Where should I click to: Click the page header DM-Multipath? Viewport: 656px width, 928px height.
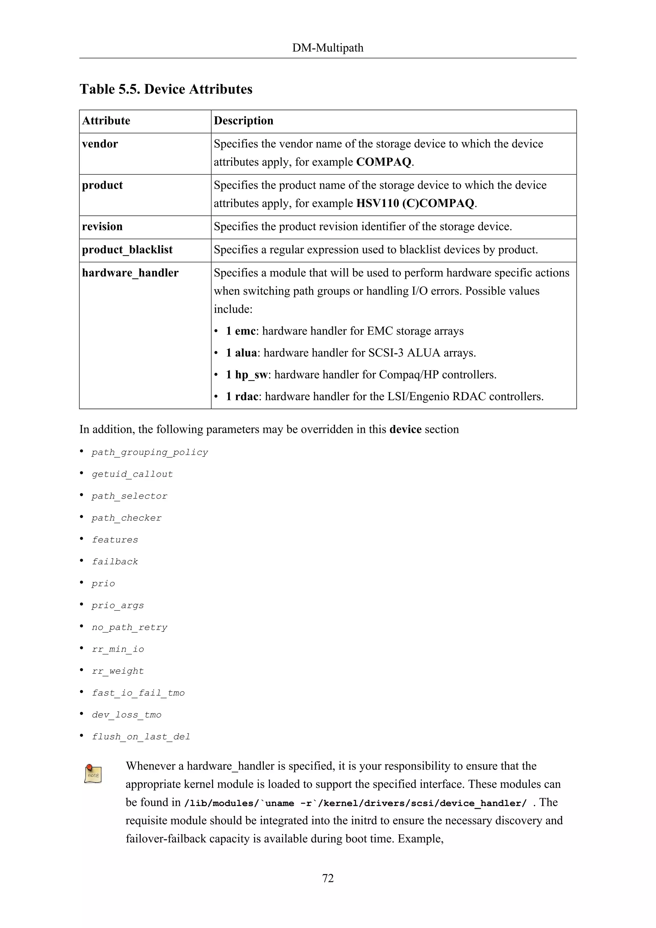(328, 48)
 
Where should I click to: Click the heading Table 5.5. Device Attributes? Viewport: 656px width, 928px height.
(166, 89)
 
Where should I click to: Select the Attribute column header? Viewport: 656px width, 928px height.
(106, 121)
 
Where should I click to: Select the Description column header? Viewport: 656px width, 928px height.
(243, 121)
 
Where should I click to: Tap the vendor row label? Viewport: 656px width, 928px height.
(100, 144)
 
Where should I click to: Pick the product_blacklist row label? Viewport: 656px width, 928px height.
(127, 250)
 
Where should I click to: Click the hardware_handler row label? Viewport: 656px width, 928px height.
(130, 273)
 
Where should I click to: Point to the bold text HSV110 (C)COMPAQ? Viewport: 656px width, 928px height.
(415, 203)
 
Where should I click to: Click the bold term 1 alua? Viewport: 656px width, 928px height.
(241, 353)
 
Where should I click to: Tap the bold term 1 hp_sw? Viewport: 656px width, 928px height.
(246, 375)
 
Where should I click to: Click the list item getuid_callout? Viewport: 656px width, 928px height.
(132, 474)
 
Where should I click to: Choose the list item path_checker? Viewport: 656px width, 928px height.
(127, 518)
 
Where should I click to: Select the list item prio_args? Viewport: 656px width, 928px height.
(118, 605)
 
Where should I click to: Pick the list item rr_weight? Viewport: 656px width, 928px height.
(118, 671)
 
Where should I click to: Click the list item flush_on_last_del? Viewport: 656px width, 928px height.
(141, 736)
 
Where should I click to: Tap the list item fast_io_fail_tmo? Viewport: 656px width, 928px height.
(138, 693)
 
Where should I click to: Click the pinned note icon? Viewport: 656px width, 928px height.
(93, 774)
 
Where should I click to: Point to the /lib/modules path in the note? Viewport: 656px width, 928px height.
(356, 803)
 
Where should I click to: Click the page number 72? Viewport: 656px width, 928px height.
(328, 878)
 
